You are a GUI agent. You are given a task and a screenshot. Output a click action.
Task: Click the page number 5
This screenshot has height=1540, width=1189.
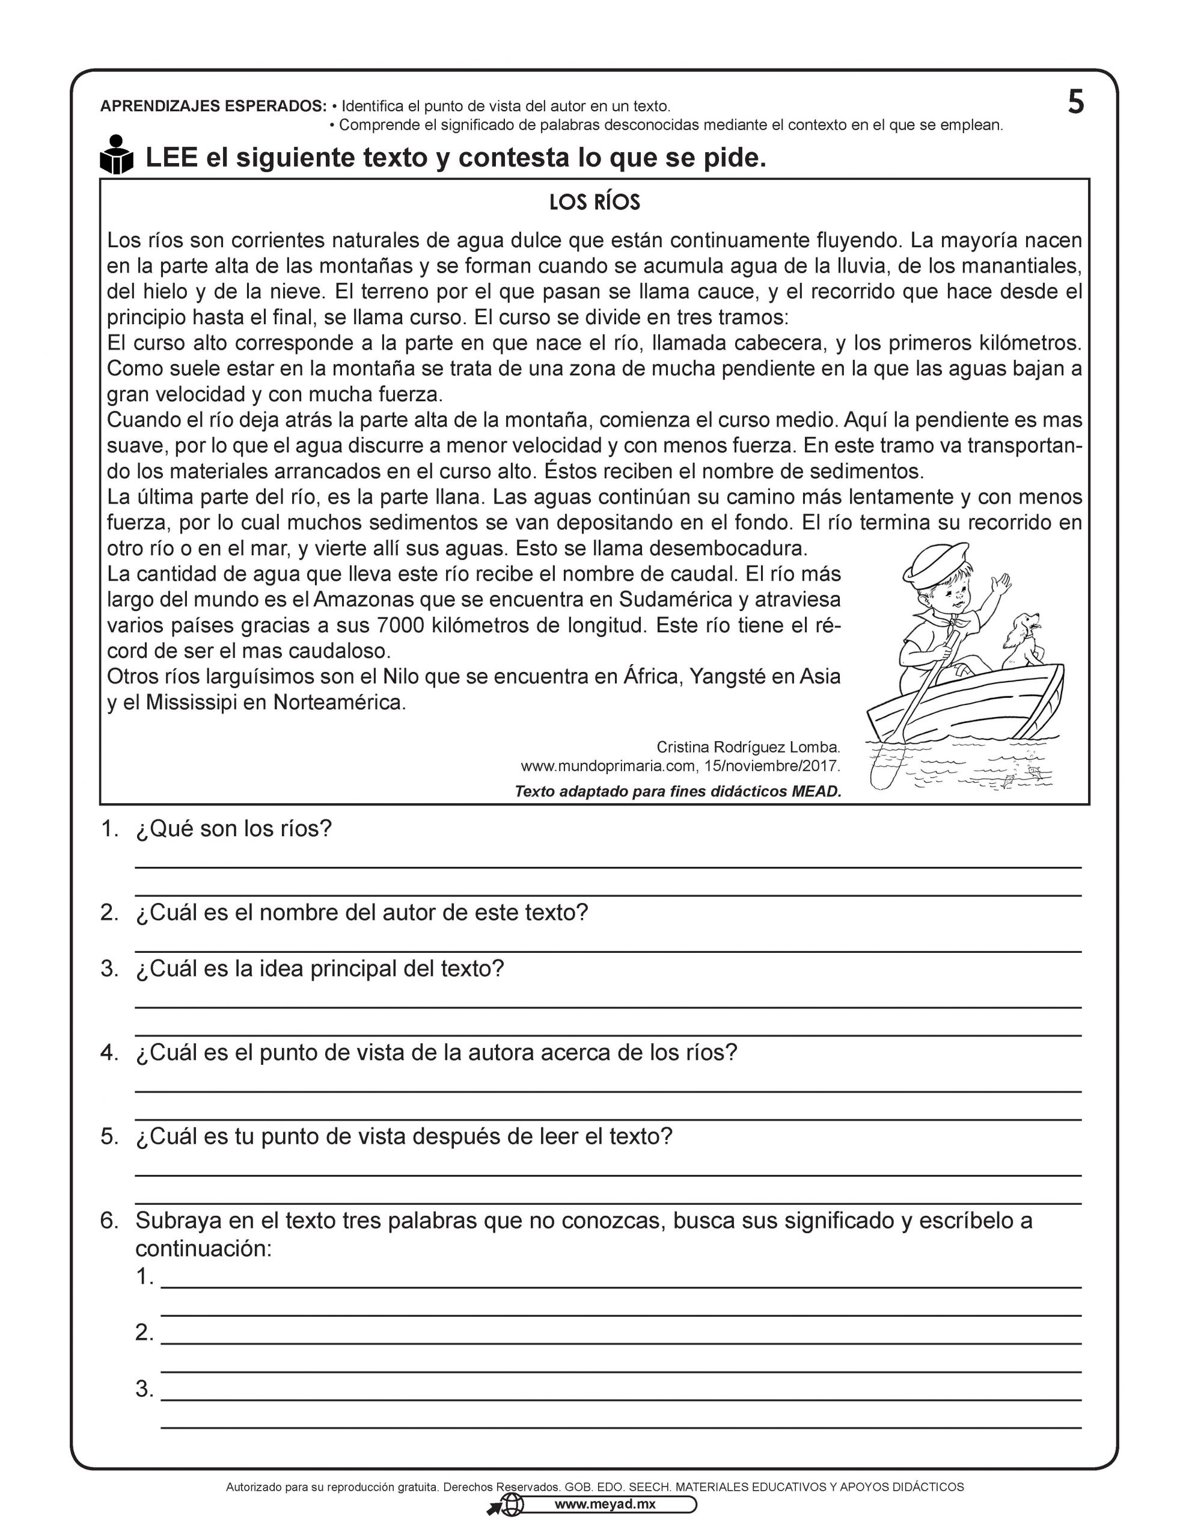(1075, 103)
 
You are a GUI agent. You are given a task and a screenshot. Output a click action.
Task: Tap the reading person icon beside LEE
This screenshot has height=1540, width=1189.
(116, 155)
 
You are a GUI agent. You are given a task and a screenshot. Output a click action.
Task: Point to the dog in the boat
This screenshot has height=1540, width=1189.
(1020, 640)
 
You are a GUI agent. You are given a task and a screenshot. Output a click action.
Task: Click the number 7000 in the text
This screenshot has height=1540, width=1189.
(401, 626)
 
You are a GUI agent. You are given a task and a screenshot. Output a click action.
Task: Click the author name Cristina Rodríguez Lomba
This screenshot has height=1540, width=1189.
(748, 747)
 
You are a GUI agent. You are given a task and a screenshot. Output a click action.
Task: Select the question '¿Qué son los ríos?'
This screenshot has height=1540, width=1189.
(233, 828)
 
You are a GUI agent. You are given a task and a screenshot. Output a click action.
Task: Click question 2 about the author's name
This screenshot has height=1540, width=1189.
(361, 913)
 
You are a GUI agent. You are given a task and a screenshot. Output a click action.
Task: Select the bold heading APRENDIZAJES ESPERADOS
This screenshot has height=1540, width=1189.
(213, 106)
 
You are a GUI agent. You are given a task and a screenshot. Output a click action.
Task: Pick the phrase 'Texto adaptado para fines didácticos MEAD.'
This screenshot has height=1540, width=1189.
(677, 791)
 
